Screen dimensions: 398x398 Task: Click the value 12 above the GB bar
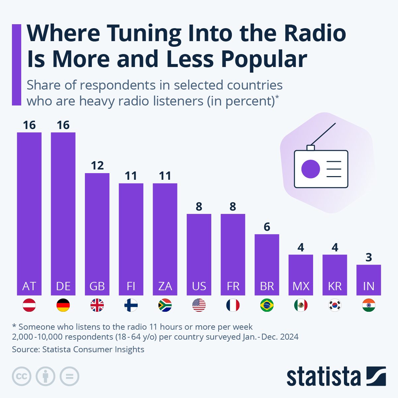click(x=97, y=166)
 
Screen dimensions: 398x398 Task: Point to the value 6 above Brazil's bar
click(x=267, y=227)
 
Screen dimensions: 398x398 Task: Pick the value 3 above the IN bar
click(x=368, y=257)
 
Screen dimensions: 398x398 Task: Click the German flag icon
click(x=63, y=305)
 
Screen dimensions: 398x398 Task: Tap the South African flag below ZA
click(x=165, y=305)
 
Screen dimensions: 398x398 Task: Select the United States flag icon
click(x=199, y=305)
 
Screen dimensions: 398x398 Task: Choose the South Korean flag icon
click(x=335, y=305)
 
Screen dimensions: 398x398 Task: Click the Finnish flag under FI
click(x=131, y=305)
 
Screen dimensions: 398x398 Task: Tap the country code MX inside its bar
click(x=301, y=286)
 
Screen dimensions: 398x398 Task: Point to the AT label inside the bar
click(x=29, y=286)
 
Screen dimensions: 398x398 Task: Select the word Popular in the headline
click(x=264, y=60)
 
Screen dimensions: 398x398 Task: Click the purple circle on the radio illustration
click(x=310, y=169)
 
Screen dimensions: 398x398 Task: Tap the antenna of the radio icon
click(x=323, y=134)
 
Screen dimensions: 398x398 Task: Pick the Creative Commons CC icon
click(x=22, y=376)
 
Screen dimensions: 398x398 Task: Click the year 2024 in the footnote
click(x=289, y=337)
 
